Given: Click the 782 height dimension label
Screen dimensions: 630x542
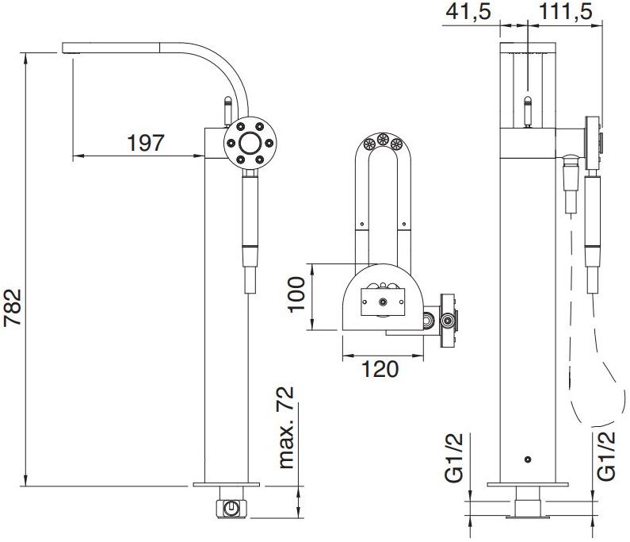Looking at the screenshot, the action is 12,307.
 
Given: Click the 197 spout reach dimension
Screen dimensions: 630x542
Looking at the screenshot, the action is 146,143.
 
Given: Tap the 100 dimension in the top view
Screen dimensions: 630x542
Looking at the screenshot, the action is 296,294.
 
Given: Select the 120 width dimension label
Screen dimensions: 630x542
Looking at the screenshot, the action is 380,368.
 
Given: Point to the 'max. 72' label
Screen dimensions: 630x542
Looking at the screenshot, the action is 287,428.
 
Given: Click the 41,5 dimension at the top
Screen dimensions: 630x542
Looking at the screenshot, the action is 468,11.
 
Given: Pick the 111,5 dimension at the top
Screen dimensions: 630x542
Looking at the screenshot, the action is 565,11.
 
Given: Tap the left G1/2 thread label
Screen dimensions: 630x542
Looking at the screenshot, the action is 454,458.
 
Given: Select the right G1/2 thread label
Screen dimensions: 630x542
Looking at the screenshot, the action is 606,456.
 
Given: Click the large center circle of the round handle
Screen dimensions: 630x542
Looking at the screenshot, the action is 250,143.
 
